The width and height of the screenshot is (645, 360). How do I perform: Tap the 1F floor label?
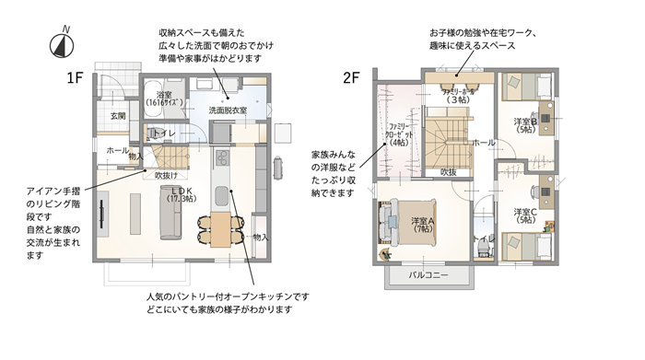click(x=75, y=78)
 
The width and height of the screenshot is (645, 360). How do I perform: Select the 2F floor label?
click(x=351, y=78)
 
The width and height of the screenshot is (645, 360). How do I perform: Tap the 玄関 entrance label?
click(x=118, y=116)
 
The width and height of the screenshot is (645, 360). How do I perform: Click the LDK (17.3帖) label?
click(x=182, y=194)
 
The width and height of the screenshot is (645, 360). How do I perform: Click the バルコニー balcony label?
click(x=427, y=276)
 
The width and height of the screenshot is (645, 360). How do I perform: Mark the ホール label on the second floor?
click(x=483, y=144)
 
